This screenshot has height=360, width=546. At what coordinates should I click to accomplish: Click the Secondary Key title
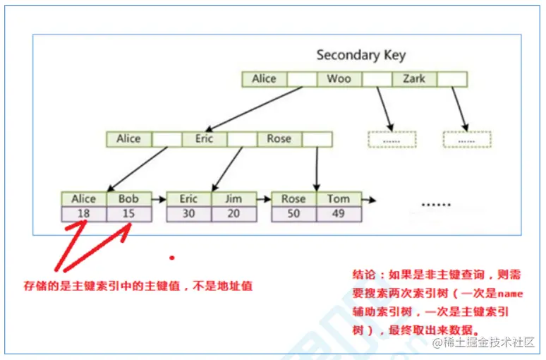(360, 55)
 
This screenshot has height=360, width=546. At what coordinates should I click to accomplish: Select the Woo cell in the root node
(339, 79)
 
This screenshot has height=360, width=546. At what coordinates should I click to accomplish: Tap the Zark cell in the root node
(414, 79)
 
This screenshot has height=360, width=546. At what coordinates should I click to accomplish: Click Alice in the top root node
(264, 79)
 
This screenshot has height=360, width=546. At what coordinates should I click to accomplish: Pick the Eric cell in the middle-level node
(205, 139)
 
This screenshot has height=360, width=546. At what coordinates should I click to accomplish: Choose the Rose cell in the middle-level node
(279, 139)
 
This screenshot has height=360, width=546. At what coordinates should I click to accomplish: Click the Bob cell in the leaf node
(128, 199)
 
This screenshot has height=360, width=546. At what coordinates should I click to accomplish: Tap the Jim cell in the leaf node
(233, 199)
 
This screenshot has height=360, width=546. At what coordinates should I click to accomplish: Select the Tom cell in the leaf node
(339, 199)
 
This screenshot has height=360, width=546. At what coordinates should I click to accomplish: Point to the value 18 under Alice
(84, 213)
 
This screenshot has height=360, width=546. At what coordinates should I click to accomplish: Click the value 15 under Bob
(128, 213)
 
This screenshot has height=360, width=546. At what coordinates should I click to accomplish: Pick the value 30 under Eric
(188, 213)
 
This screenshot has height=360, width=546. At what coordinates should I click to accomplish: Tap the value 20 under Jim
(233, 213)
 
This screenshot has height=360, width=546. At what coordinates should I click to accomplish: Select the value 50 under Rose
(293, 213)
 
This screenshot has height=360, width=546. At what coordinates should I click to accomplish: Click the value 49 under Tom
(339, 213)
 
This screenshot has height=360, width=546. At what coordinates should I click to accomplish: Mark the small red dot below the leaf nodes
(171, 257)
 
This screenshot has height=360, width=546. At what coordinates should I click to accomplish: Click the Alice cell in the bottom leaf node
(84, 199)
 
